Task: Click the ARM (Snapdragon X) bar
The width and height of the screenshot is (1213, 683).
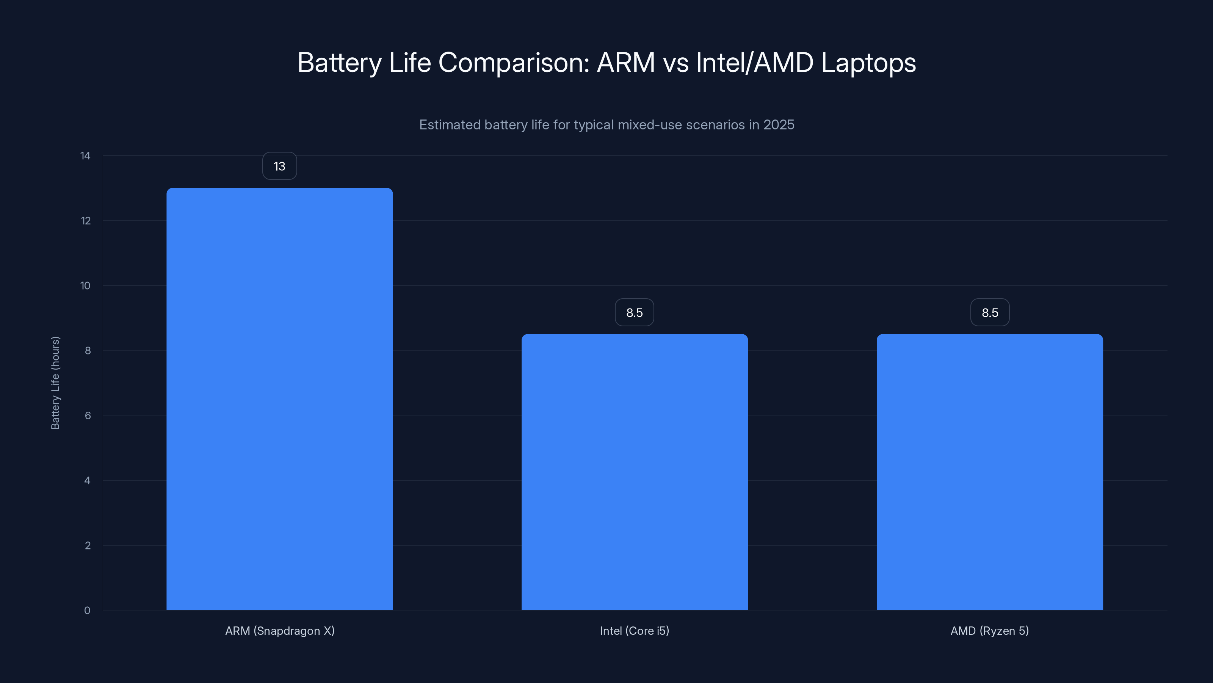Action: tap(279, 399)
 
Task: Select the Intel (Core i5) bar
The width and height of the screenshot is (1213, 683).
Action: tap(634, 472)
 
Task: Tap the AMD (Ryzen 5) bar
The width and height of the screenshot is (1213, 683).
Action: tap(989, 472)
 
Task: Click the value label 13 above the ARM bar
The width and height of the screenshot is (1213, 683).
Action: tap(279, 166)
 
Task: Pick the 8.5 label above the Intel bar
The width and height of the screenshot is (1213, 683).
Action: tap(634, 313)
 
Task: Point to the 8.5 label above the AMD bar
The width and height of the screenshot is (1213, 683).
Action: tap(990, 313)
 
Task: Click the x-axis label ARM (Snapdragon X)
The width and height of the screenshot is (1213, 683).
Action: tap(280, 631)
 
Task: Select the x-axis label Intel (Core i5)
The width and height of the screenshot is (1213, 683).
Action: tap(634, 631)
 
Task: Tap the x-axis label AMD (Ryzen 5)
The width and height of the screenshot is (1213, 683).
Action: tap(989, 631)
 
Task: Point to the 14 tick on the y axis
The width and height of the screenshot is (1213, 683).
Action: tap(85, 156)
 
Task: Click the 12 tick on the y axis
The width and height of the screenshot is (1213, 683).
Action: tap(86, 220)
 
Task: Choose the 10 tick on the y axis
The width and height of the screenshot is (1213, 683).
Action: tap(85, 286)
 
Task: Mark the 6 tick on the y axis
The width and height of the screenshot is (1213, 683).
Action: tap(88, 415)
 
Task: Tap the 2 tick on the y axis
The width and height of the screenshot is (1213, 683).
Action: tap(88, 545)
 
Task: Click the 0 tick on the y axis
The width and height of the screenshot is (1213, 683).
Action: tap(87, 611)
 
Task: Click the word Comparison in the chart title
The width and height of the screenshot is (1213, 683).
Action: tap(514, 63)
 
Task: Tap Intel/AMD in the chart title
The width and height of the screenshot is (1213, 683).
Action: tap(754, 63)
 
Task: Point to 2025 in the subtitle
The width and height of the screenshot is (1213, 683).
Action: tap(779, 125)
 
